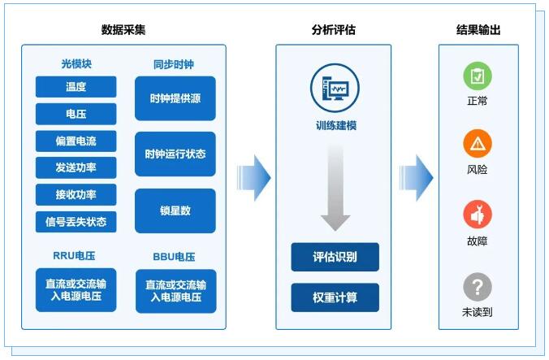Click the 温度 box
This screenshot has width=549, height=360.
coord(76,87)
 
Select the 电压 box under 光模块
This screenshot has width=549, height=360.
coord(76,114)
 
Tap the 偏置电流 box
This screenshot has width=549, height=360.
coord(76,141)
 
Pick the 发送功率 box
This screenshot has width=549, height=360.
coord(76,167)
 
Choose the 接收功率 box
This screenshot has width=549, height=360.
coord(76,194)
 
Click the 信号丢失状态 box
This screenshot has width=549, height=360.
coord(76,221)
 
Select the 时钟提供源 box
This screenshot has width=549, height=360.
coord(175,98)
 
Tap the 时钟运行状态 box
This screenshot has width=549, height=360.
coord(175,154)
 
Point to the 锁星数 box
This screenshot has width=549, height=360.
coord(175,210)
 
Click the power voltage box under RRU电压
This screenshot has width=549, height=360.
coord(76,290)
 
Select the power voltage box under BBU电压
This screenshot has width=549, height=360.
coord(175,291)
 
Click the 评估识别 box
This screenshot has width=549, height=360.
coord(335,258)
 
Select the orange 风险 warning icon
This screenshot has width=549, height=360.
coord(478,144)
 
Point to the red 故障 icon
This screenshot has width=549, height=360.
coord(478,215)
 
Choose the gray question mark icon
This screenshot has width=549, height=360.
coord(478,287)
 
